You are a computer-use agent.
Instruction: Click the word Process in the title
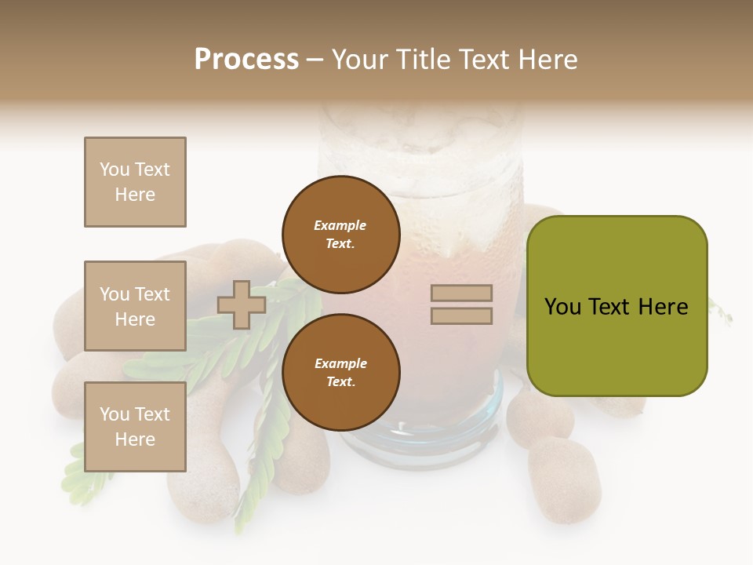click(246, 60)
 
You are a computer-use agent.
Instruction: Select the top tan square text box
click(135, 182)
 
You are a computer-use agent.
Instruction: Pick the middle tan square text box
click(135, 306)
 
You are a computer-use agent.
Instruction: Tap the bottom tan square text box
click(135, 427)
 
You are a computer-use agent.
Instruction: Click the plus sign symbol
click(242, 304)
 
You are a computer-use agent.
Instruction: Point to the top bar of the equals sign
click(461, 293)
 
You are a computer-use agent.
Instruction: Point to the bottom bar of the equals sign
click(461, 315)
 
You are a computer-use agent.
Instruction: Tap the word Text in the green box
click(615, 307)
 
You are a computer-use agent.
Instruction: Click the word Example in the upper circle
click(340, 225)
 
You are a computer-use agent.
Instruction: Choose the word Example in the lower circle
click(340, 363)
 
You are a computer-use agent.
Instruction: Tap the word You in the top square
click(114, 169)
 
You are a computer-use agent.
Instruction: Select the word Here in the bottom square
click(135, 439)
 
